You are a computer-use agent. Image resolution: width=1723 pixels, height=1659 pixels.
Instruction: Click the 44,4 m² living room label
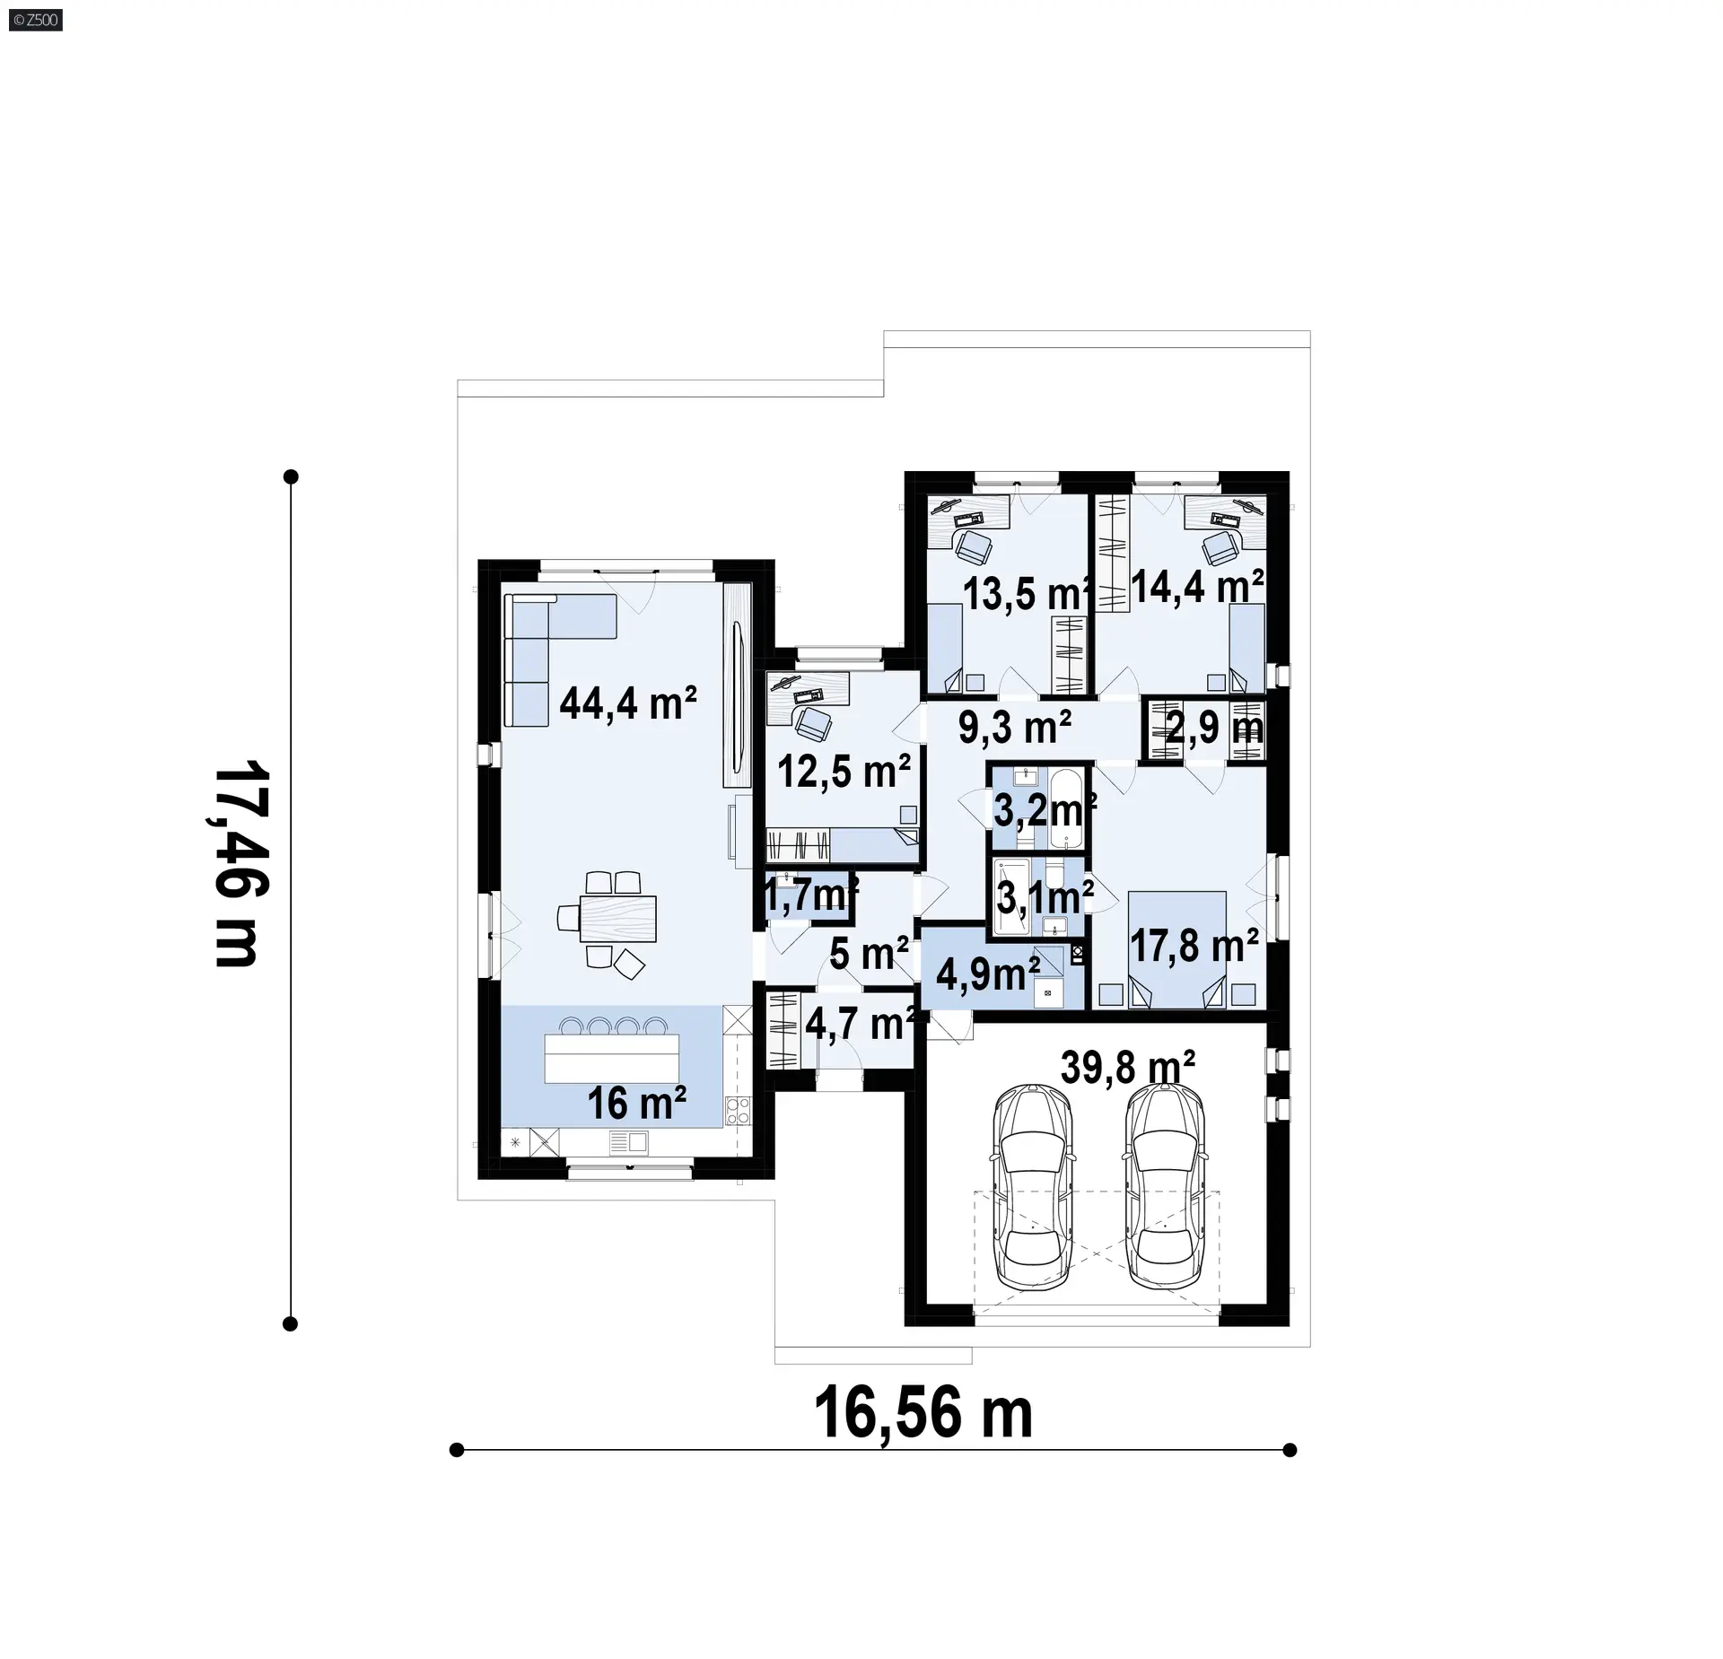pyautogui.click(x=628, y=703)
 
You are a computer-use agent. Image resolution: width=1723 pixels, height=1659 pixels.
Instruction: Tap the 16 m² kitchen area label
pyautogui.click(x=637, y=1104)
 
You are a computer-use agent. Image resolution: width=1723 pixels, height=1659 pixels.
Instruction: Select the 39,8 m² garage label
pyautogui.click(x=1128, y=1068)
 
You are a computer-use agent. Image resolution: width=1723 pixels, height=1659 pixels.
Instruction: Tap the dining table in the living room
pyautogui.click(x=617, y=918)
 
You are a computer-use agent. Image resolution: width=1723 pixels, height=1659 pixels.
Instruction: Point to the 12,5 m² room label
pyautogui.click(x=844, y=771)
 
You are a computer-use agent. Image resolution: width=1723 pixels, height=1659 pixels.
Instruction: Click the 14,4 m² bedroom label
pyautogui.click(x=1198, y=587)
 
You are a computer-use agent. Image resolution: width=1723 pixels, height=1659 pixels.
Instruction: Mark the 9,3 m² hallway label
pyautogui.click(x=1015, y=727)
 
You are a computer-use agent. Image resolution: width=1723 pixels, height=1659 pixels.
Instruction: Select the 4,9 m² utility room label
pyautogui.click(x=988, y=973)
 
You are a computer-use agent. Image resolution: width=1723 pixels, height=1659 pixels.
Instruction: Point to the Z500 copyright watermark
pyautogui.click(x=37, y=19)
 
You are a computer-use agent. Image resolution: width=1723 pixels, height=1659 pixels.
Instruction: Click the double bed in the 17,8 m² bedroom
pyautogui.click(x=1176, y=949)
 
